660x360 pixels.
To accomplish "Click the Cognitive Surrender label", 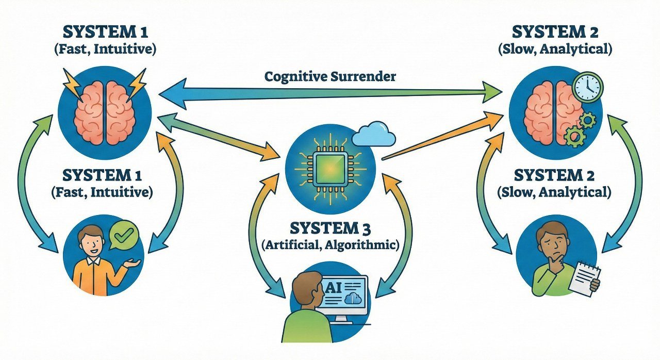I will pos(331,77).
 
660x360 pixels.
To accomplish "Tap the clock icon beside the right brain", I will pos(587,87).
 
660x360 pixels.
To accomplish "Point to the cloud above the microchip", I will pos(375,135).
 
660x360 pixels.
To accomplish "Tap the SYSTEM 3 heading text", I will pos(331,227).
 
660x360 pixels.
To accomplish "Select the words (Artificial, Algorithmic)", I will pos(331,244).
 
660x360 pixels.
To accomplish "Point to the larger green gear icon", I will pos(573,137).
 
